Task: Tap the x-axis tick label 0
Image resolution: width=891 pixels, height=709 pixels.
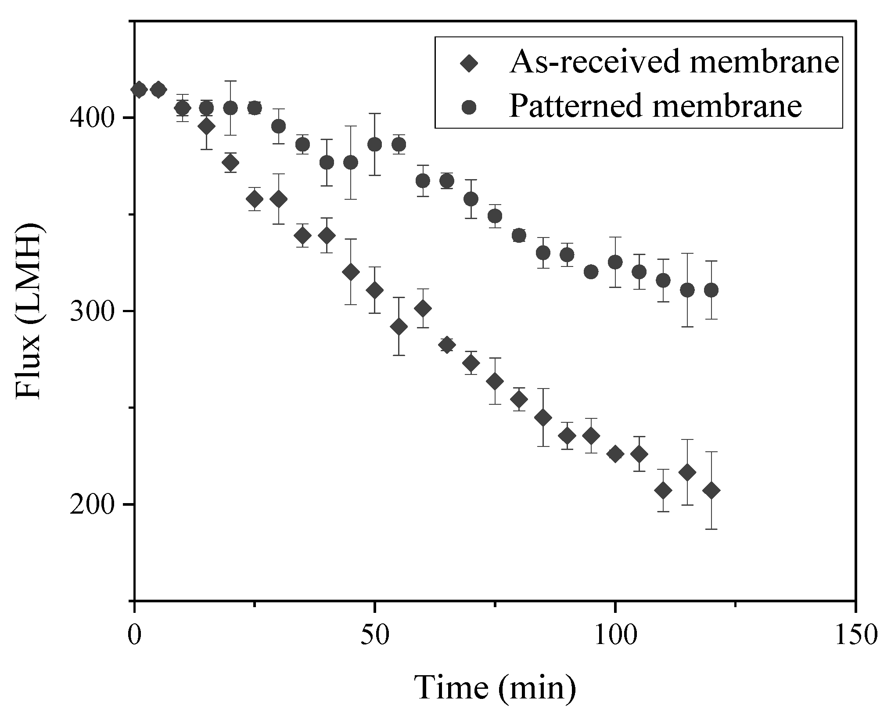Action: (x=134, y=635)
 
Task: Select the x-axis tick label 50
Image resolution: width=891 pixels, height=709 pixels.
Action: (x=374, y=635)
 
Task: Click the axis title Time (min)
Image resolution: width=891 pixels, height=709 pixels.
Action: (x=495, y=687)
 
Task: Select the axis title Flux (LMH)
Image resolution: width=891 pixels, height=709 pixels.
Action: (x=29, y=311)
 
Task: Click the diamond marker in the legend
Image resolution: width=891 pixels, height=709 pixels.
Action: (x=469, y=63)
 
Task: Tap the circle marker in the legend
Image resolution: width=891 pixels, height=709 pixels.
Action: (x=469, y=107)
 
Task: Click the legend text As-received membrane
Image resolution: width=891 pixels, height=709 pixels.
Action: (x=674, y=62)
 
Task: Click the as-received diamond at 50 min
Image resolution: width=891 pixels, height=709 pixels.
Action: (x=374, y=290)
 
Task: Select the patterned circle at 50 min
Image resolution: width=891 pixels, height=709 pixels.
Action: (x=374, y=144)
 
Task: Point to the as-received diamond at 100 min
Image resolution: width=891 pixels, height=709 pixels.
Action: (x=615, y=453)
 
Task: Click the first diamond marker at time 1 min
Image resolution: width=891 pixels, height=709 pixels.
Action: (x=139, y=90)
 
